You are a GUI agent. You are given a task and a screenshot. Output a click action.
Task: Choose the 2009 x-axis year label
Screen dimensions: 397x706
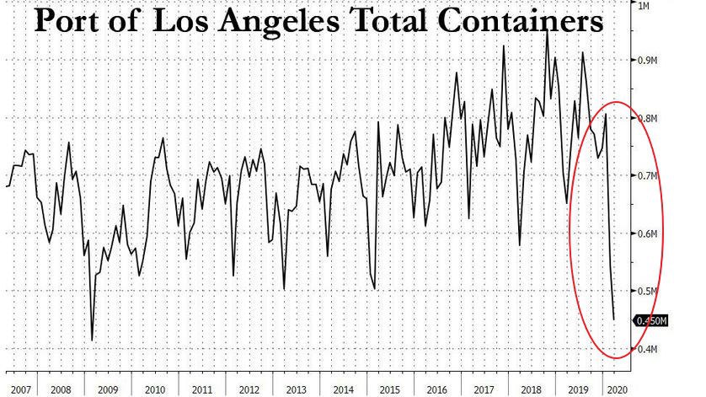pos(108,389)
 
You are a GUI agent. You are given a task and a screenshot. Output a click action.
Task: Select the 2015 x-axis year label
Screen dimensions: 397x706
pos(388,389)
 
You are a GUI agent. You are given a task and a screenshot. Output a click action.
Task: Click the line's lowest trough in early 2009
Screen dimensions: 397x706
pos(91,341)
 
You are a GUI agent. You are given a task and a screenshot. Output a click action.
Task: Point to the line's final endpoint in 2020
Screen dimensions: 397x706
pos(613,319)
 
